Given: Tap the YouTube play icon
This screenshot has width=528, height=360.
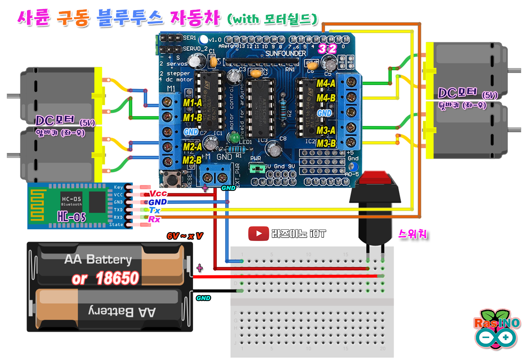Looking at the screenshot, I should (x=258, y=234).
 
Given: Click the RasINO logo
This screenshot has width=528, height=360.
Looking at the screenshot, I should (x=497, y=330).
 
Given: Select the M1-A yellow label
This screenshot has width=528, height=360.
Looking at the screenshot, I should (x=192, y=103).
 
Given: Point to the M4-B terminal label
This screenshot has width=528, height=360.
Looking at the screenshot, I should (x=326, y=98).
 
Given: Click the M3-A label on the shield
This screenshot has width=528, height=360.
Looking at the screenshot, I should (x=326, y=130).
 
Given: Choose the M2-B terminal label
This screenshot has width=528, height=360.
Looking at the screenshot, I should (x=192, y=160).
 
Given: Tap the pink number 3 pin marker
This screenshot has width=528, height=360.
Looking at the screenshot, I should (x=322, y=49).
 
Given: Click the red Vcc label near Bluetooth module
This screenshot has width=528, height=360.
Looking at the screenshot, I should (x=158, y=194).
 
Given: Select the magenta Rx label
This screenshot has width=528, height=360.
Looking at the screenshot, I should (x=154, y=219).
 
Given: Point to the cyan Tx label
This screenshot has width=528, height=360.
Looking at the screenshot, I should (x=155, y=210).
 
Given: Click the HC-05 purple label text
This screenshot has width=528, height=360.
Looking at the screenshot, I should (x=71, y=217).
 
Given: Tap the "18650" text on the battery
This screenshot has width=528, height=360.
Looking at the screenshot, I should (x=117, y=278).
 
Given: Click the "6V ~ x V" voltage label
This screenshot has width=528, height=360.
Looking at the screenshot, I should (x=184, y=236).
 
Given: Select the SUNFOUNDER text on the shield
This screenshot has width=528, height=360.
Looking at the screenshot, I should (x=285, y=53).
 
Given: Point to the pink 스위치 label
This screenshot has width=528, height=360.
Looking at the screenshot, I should (x=412, y=234).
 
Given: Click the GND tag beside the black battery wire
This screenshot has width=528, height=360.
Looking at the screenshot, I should (x=203, y=298).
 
